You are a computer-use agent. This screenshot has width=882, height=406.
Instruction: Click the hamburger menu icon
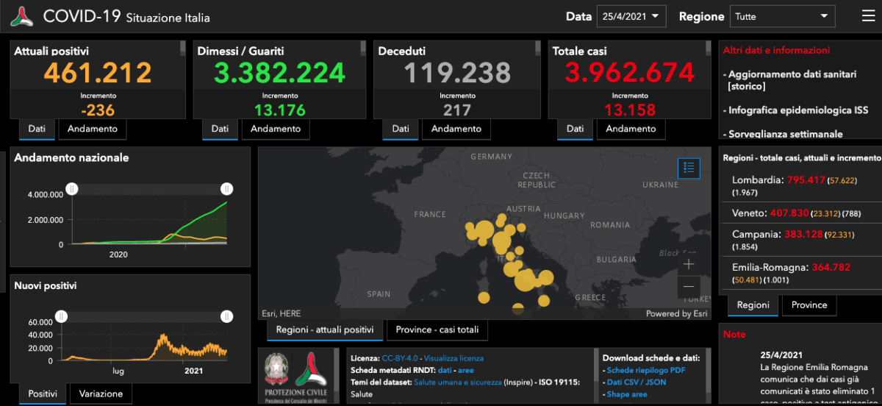868,15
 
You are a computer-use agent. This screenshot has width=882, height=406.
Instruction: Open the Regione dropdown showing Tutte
782,16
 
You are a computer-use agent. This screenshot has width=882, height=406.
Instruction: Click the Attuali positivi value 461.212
98,72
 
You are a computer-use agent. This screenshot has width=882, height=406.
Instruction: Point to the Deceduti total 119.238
457,72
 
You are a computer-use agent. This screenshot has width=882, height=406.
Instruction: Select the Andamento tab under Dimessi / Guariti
276,129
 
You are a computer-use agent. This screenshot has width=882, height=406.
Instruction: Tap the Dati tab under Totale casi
575,129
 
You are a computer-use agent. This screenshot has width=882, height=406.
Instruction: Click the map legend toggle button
689,168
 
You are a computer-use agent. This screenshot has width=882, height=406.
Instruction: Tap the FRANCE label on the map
430,214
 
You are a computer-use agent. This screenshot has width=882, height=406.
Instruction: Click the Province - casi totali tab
437,330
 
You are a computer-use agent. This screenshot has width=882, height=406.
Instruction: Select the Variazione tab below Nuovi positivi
101,393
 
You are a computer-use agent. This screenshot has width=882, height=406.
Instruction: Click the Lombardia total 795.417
806,179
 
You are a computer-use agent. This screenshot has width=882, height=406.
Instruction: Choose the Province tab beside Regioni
810,304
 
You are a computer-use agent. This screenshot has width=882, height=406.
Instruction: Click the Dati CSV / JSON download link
637,382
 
